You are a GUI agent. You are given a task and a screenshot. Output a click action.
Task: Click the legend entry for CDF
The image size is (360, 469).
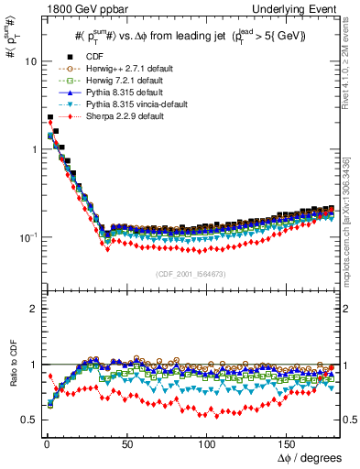90,56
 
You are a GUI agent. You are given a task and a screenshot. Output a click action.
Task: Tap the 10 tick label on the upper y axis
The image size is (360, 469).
29,61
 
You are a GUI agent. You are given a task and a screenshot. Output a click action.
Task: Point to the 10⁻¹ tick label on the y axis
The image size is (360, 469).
27,237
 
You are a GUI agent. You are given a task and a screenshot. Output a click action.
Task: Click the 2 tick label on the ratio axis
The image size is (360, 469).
33,309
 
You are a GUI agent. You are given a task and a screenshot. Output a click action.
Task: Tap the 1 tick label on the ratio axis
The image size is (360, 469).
33,365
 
